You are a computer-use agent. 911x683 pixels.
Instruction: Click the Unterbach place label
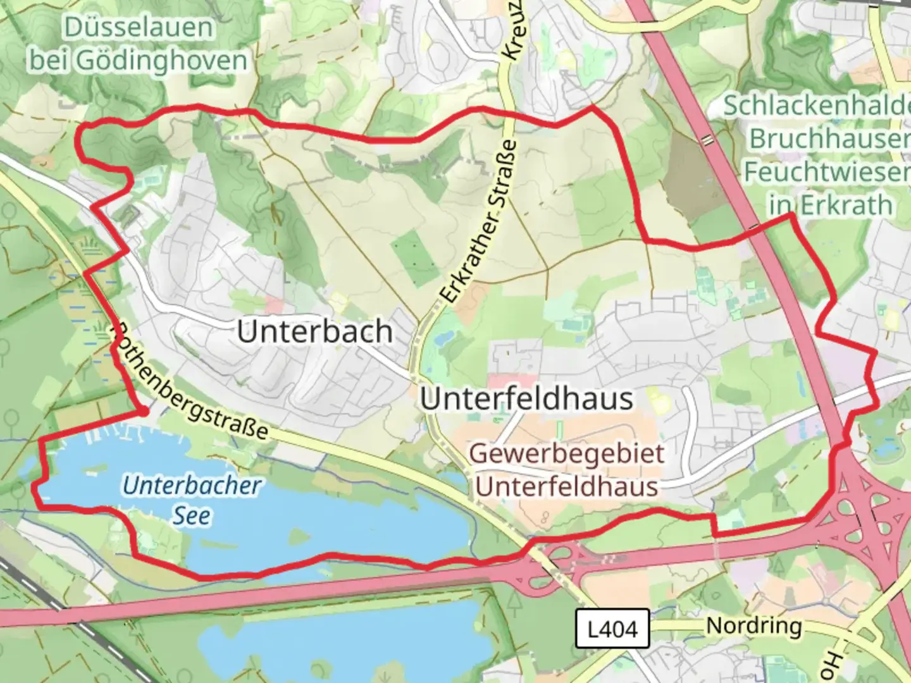(x=314, y=331)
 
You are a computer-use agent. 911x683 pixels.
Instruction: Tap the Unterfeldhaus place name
(x=526, y=398)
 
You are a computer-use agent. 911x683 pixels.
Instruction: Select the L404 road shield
(x=612, y=629)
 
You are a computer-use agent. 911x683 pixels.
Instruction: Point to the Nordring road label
(x=753, y=625)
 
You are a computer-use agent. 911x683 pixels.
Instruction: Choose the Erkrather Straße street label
(x=480, y=221)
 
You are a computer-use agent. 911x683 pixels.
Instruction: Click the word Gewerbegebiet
(x=567, y=453)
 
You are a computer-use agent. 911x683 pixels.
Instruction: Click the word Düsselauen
(x=138, y=27)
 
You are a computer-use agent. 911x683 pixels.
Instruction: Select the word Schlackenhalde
(x=816, y=106)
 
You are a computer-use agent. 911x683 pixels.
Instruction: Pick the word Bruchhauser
(x=829, y=138)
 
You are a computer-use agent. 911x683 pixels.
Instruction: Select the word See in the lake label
(x=192, y=515)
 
